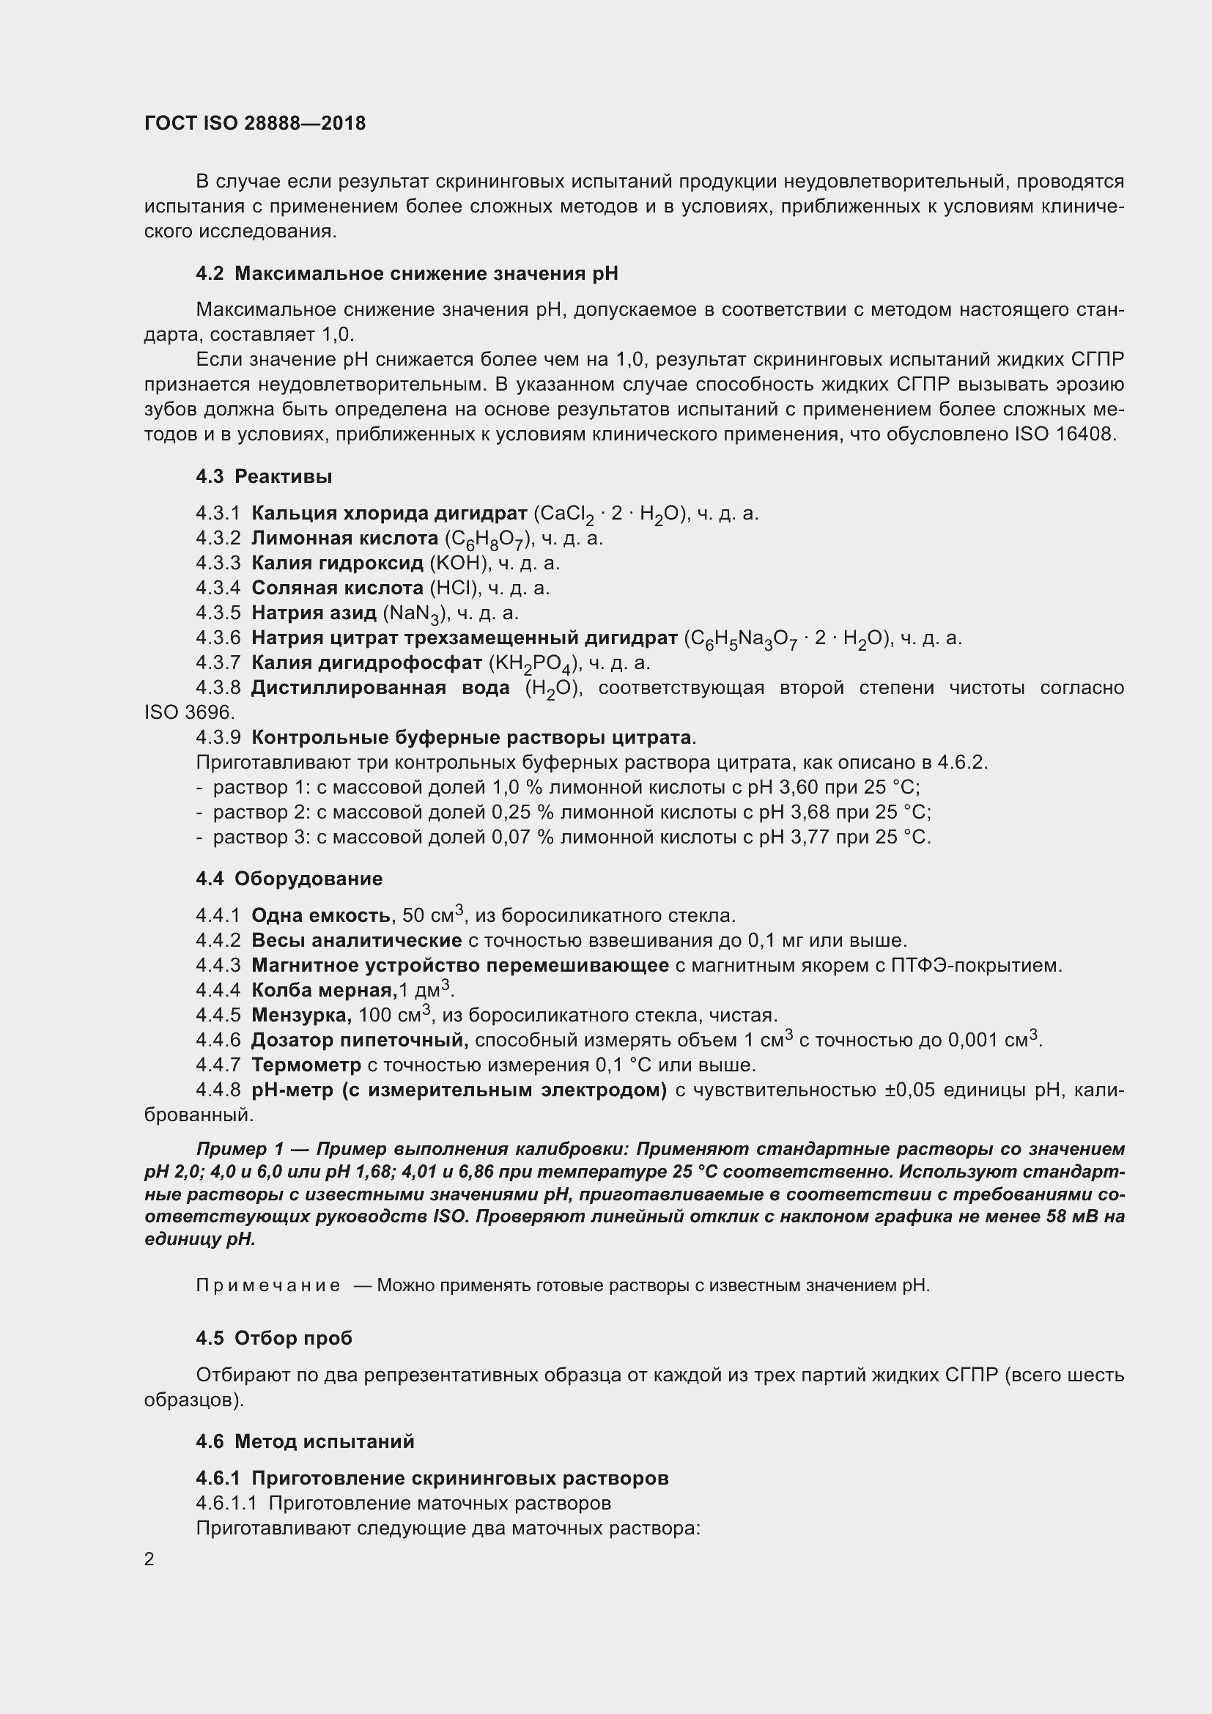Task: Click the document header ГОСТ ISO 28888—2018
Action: pos(254,123)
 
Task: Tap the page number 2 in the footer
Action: pos(149,1559)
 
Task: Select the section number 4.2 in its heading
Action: pos(210,274)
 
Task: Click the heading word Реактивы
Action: pos(283,476)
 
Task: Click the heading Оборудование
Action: pos(308,879)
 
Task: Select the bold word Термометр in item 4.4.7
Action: pos(306,1065)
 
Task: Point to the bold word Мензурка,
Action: pos(301,1015)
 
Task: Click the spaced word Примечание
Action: pos(268,1285)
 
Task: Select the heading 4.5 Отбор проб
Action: pos(274,1339)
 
